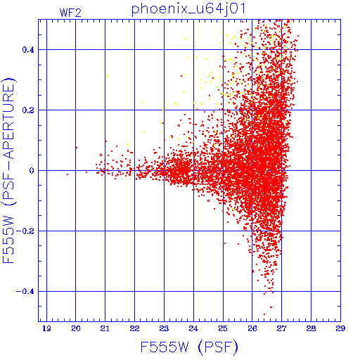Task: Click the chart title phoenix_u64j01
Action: (188, 9)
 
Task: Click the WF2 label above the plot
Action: (70, 13)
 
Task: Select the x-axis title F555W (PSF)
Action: (189, 347)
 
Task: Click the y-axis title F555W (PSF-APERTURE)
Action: (9, 170)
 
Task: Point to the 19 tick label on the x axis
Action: (46, 328)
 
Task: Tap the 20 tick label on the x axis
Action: (76, 328)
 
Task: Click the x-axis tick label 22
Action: (134, 328)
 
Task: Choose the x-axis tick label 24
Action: (193, 328)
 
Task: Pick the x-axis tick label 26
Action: (252, 328)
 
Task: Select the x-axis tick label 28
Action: (311, 328)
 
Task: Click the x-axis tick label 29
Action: (340, 328)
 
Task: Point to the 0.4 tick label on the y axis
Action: (28, 50)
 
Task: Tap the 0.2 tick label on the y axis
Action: (28, 110)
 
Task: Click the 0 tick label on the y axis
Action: (32, 171)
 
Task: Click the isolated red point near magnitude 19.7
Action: (67, 174)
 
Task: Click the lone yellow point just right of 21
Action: (108, 75)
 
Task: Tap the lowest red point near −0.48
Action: (264, 314)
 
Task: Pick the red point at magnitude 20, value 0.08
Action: (77, 148)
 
